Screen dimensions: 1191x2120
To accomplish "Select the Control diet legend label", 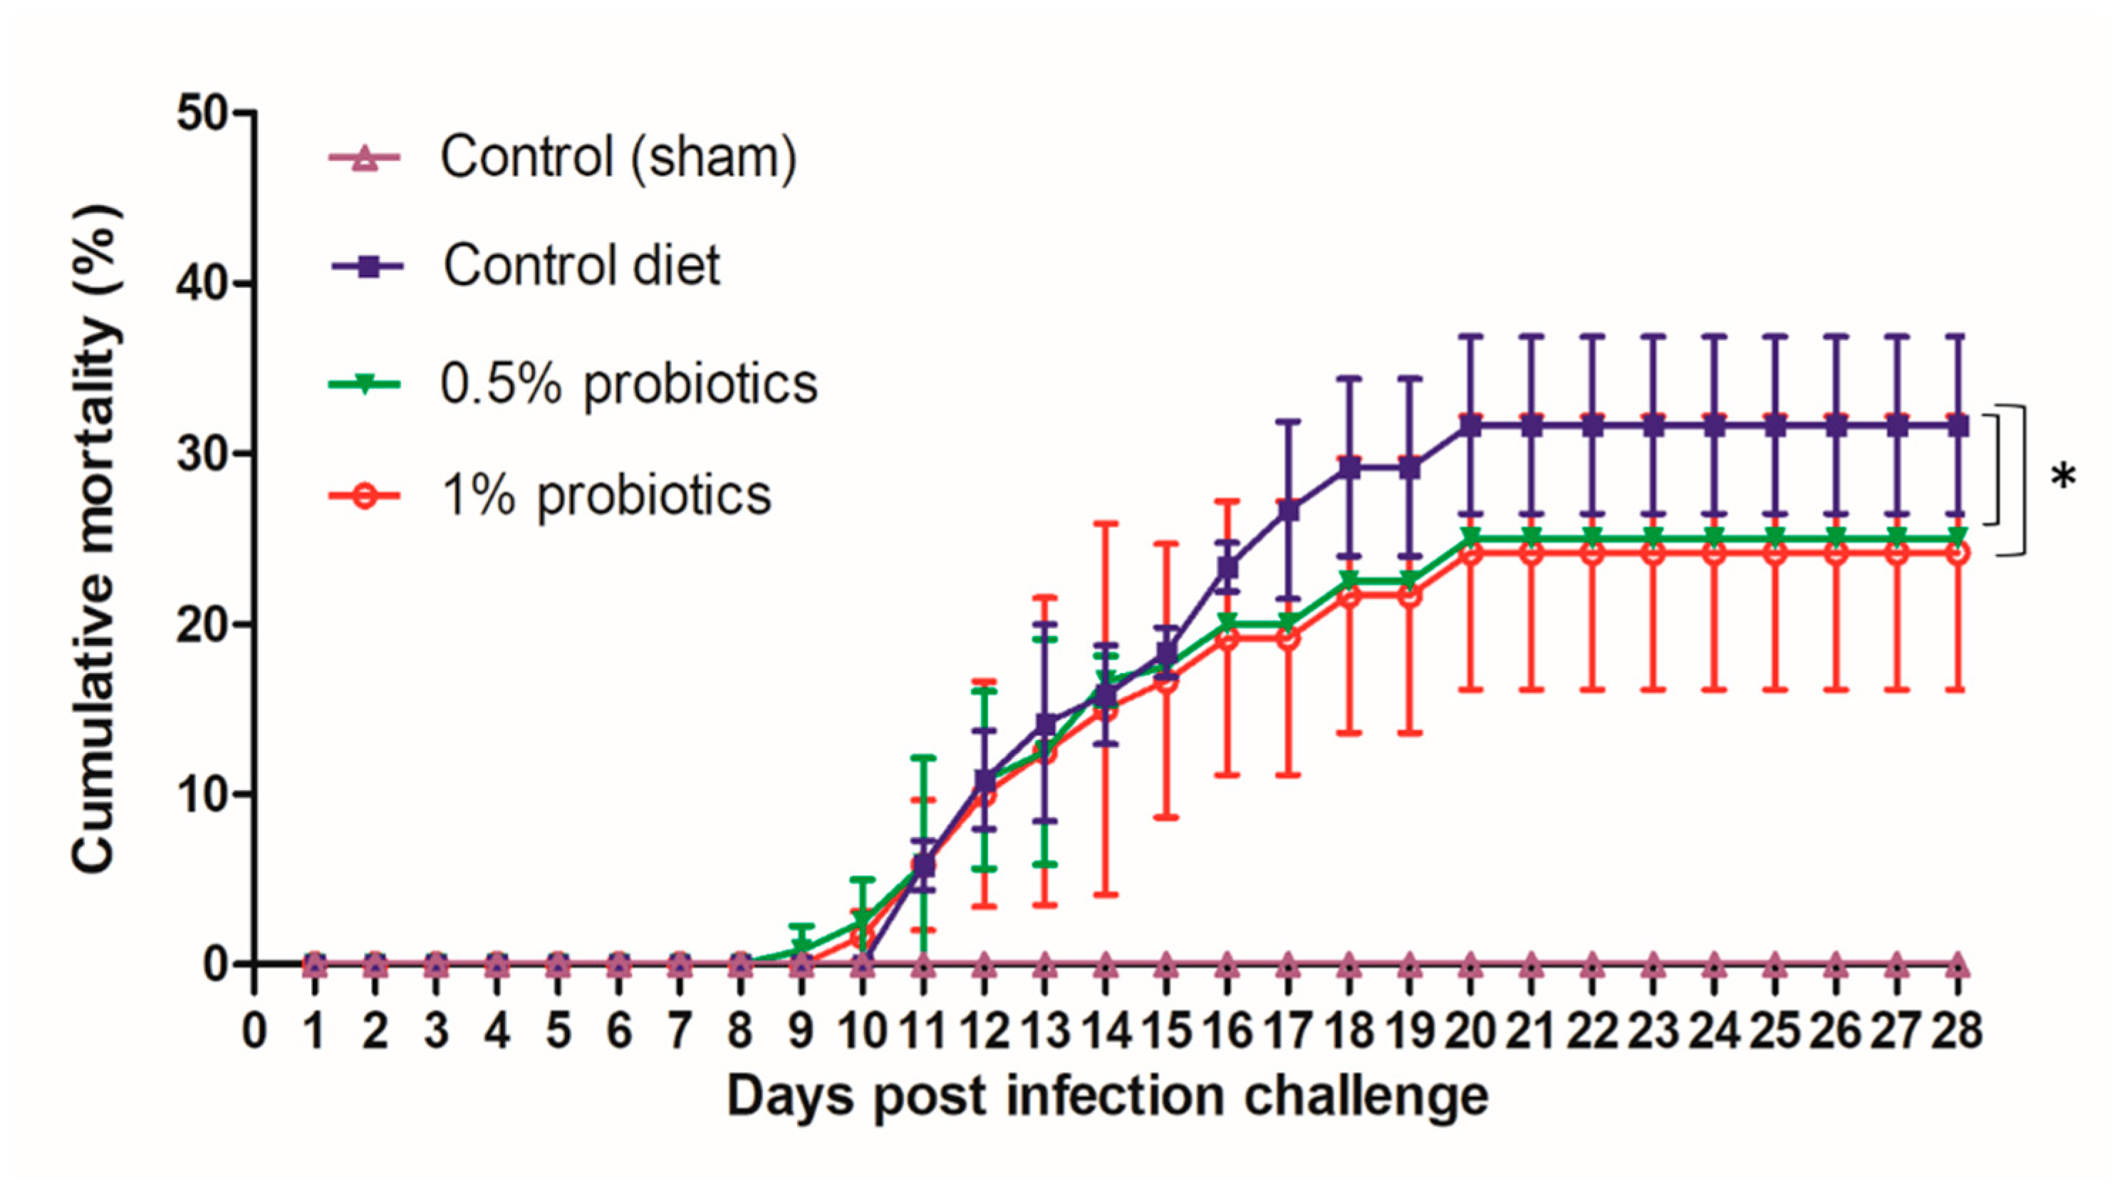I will pyautogui.click(x=581, y=266).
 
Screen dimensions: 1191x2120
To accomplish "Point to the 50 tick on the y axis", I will pyautogui.click(x=202, y=113).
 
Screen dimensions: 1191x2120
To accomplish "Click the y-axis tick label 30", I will pyautogui.click(x=202, y=454).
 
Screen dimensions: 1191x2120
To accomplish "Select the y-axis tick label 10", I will pyautogui.click(x=202, y=795).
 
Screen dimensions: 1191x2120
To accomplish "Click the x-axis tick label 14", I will pyautogui.click(x=1106, y=1031).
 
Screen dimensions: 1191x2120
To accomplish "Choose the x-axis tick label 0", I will pyautogui.click(x=254, y=1031).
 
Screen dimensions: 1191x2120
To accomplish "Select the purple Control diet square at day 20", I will pyautogui.click(x=1470, y=427).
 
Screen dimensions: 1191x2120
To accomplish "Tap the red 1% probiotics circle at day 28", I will pyautogui.click(x=1959, y=553).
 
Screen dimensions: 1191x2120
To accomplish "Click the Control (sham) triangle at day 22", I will pyautogui.click(x=1592, y=964).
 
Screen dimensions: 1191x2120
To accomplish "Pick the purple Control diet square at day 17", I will pyautogui.click(x=1289, y=510).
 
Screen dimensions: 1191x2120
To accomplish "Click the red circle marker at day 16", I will pyautogui.click(x=1227, y=640).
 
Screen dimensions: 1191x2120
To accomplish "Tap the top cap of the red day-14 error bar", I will pyautogui.click(x=1106, y=523).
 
